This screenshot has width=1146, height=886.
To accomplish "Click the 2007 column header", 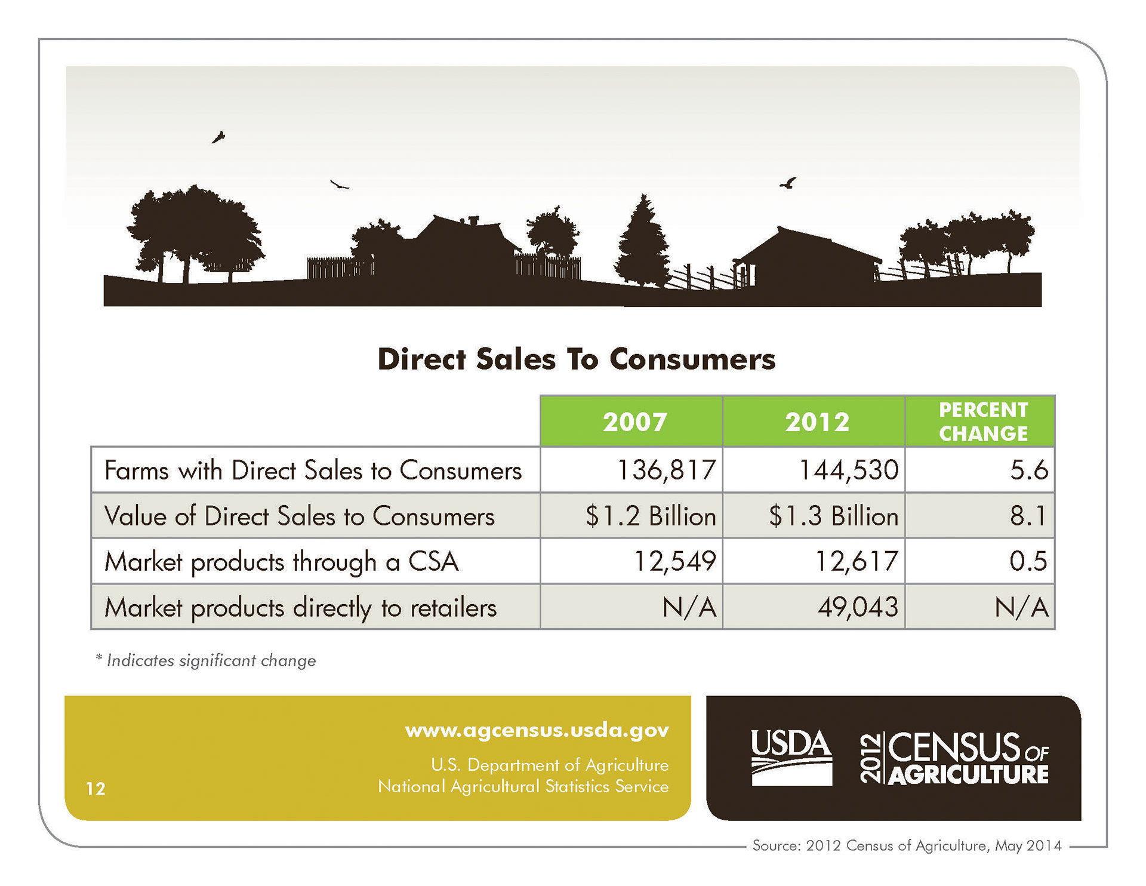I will coord(634,422).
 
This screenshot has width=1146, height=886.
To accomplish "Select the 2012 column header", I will coord(817,422).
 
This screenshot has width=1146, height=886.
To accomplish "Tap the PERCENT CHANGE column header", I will coord(983,422).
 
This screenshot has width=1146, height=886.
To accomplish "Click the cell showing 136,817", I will coord(666,470).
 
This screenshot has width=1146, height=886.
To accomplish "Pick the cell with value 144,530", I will coord(848,470).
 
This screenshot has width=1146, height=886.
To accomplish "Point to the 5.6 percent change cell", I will coord(1028,470).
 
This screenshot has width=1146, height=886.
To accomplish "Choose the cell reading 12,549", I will coord(674,561).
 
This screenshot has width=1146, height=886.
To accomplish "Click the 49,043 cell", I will coord(858,607).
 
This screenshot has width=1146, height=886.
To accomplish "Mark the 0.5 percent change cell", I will coord(1028,561).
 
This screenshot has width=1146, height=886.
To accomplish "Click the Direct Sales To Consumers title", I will coord(577,359).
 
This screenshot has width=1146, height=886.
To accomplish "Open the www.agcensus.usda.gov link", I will coord(537,730).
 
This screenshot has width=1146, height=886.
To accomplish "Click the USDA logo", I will coord(791,757).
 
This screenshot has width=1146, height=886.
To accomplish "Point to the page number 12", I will coord(95,789).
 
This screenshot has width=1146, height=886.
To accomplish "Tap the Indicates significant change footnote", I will coord(206,661).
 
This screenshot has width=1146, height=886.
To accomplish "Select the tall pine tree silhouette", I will coord(643,245).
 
